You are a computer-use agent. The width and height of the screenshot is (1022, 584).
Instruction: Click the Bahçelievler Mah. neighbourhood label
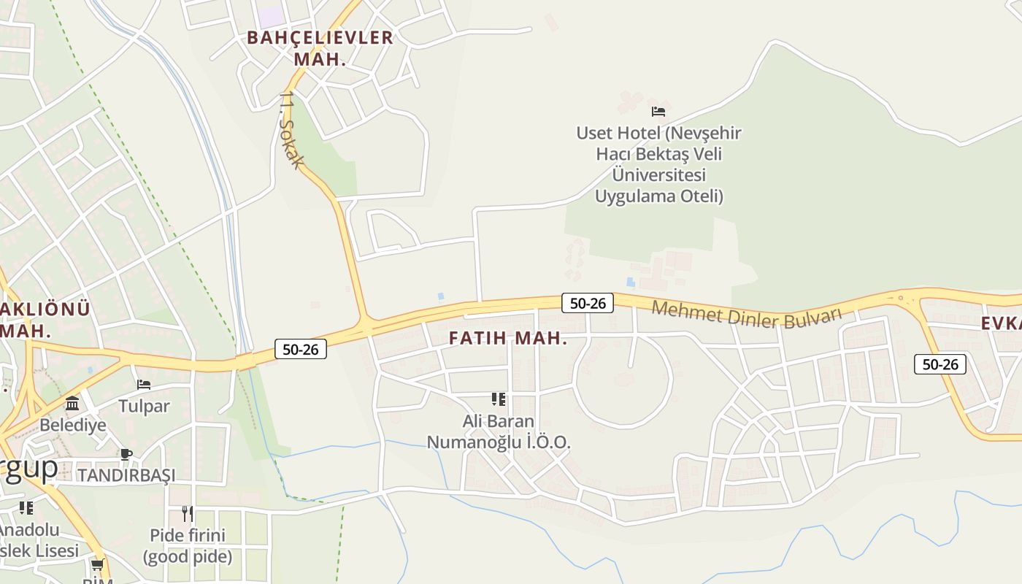click(x=320, y=48)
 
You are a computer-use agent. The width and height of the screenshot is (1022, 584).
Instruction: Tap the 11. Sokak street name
click(x=290, y=131)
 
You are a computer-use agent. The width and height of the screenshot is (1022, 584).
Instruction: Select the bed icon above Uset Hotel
click(x=658, y=112)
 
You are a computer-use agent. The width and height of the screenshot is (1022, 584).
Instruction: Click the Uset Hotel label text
click(x=658, y=164)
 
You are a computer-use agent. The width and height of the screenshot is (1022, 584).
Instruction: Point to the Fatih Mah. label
click(x=508, y=339)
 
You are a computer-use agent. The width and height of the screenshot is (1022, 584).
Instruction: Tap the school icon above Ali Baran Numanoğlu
click(x=499, y=399)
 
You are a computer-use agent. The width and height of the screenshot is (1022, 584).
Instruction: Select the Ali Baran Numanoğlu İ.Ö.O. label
click(x=499, y=431)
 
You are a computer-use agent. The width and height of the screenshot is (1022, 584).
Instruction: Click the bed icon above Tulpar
click(x=144, y=384)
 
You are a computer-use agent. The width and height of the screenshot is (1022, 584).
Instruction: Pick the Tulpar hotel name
click(x=144, y=406)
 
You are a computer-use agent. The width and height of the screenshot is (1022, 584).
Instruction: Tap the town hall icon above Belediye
click(x=72, y=403)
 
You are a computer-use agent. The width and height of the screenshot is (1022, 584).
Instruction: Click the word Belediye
click(x=72, y=425)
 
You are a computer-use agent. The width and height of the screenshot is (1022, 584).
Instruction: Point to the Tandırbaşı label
click(x=126, y=475)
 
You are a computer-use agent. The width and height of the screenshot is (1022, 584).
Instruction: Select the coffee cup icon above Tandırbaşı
click(x=126, y=454)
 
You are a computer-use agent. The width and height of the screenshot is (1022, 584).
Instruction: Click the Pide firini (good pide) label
click(x=188, y=546)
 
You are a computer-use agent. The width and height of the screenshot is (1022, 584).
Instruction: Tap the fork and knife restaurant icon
click(x=188, y=513)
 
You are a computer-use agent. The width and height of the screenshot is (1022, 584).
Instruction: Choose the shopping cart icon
click(x=97, y=565)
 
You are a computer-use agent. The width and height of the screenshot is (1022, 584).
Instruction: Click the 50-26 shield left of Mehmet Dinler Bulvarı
click(x=587, y=303)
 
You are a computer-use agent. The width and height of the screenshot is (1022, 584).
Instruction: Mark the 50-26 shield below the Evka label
click(x=940, y=364)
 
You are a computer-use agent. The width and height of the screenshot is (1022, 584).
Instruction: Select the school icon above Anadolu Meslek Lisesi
click(x=26, y=507)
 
